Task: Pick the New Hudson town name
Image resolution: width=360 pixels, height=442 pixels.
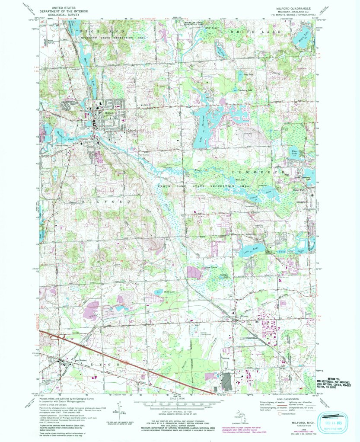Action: point(71,360)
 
